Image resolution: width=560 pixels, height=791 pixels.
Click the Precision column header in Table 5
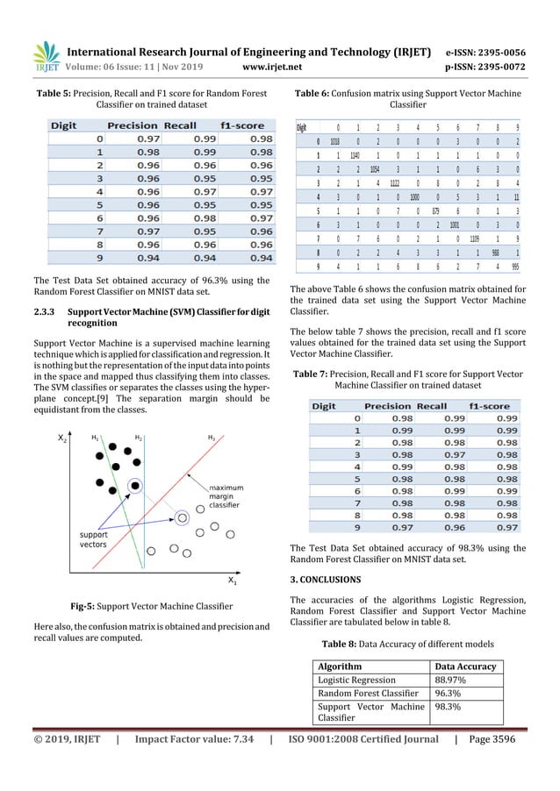[x=133, y=126]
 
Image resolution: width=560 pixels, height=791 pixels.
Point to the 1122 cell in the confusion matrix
[x=396, y=183]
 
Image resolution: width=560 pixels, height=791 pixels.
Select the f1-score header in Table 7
[x=489, y=406]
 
